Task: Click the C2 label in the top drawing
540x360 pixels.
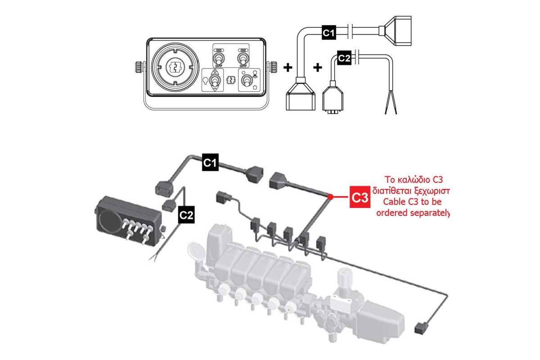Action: point(344,58)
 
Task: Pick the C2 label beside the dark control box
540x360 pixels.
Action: point(186,216)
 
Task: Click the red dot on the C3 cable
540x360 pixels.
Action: point(331,197)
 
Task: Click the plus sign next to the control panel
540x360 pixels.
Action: point(288,67)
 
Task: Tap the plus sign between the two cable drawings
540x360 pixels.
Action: point(318,67)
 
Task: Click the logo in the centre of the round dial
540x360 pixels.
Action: point(174,68)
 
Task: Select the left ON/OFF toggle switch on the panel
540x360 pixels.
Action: point(219,58)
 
